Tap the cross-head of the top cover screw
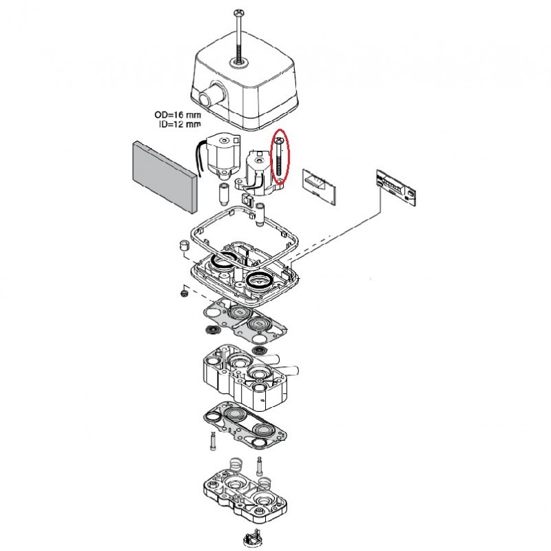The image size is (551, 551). tap(239, 12)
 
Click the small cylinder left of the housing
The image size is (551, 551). tap(185, 247)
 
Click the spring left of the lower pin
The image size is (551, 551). tap(233, 463)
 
